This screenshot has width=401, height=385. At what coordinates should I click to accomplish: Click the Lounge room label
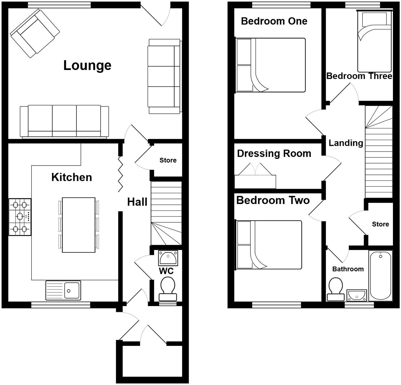point(87,65)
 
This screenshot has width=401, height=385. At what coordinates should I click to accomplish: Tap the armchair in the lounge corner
point(35,33)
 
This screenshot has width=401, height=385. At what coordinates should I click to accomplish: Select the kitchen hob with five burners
point(20,217)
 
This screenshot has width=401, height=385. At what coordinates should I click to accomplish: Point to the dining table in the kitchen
point(78,225)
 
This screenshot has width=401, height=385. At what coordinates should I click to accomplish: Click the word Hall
point(137,202)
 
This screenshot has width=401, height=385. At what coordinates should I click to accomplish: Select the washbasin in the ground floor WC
point(168,258)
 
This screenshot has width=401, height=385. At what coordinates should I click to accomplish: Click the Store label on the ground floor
point(168,160)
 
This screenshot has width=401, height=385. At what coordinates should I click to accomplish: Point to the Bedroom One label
point(274,21)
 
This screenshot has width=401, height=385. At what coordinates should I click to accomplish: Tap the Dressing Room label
point(274,153)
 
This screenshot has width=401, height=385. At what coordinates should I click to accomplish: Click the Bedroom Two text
point(273,200)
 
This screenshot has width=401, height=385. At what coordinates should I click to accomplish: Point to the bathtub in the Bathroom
point(380,276)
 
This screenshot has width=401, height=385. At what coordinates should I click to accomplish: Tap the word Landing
point(346,143)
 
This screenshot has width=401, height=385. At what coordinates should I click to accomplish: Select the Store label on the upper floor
point(380,224)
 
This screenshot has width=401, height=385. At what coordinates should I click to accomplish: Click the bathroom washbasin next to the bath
point(357,295)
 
